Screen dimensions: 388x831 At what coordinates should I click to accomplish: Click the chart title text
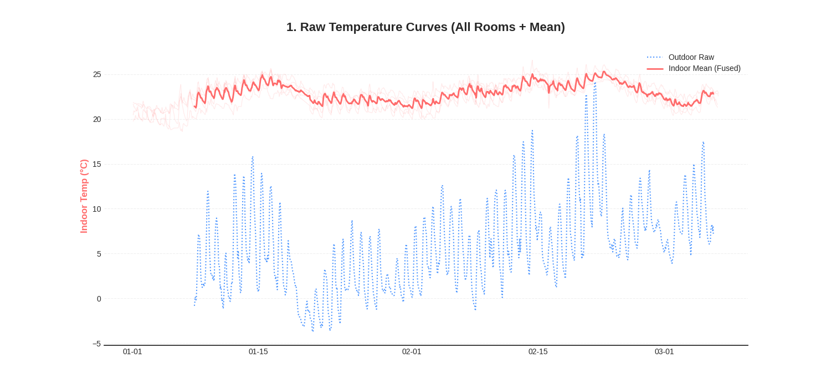pos(425,27)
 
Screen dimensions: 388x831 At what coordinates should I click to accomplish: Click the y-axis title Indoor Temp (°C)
pos(84,196)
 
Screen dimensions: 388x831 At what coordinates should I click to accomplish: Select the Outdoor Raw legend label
pos(691,57)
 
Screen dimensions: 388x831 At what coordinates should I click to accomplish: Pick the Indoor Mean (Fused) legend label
pos(704,68)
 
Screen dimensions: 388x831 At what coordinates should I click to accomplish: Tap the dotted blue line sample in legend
pos(655,57)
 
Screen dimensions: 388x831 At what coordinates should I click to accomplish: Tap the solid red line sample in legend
pos(655,69)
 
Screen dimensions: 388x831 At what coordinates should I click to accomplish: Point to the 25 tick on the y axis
pos(97,74)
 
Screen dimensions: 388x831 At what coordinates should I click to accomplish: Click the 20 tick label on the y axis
pos(97,119)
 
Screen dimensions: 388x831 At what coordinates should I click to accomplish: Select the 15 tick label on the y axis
pos(97,164)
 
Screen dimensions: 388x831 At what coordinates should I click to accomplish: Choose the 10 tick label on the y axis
pos(97,209)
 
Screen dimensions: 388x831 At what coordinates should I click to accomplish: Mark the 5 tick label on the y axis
pos(99,254)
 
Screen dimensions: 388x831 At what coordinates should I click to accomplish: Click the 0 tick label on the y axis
pos(99,299)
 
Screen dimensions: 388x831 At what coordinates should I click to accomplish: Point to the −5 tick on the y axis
pos(96,344)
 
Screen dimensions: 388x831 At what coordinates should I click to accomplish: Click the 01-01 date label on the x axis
pos(132,351)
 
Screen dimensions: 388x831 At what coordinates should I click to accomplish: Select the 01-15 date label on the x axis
pos(258,351)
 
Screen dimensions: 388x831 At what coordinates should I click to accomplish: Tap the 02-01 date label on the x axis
pos(412,351)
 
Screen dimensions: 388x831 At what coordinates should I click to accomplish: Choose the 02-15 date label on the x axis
pos(538,351)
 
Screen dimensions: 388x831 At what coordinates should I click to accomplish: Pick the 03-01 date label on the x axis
pos(664,351)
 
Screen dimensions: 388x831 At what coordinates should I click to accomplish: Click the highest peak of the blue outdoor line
pos(595,84)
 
